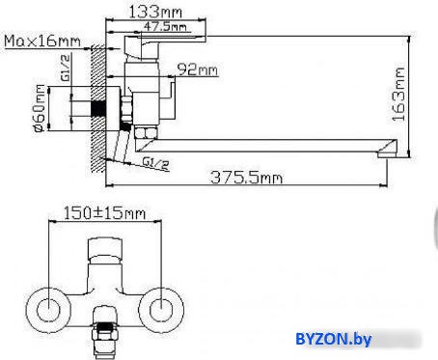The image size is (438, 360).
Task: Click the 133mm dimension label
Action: pos(155,12)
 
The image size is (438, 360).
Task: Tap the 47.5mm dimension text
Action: pos(165,26)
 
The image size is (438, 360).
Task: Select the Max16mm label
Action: pos(42,42)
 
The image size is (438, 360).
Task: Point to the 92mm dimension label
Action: pos(198,69)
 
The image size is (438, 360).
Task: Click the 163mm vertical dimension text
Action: pos(398,95)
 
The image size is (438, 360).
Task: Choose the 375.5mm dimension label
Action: pos(247,178)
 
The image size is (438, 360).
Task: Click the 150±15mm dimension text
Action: pos(104,213)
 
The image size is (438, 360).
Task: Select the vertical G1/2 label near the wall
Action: pos(66,68)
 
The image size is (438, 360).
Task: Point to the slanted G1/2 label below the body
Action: pos(156,163)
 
